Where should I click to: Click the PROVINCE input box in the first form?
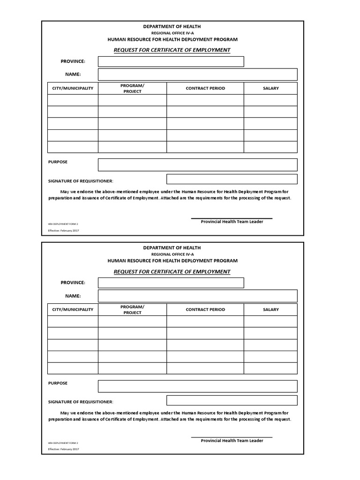click(171, 61)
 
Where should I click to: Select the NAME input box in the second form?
click(197, 296)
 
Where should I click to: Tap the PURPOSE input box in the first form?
click(197, 165)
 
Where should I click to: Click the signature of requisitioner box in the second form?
click(232, 400)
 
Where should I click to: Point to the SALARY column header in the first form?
click(270, 88)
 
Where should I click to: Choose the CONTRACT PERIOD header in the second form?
click(205, 309)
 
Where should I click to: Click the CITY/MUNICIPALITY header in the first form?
click(73, 88)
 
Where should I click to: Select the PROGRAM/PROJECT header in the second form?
click(132, 309)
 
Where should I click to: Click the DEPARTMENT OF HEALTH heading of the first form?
click(172, 27)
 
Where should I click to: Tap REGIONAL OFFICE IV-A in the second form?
click(172, 254)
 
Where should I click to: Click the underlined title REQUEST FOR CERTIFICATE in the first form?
click(172, 50)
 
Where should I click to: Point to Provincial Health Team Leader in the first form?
click(232, 222)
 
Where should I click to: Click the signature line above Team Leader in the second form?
click(232, 437)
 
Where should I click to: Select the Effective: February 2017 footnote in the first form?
click(63, 231)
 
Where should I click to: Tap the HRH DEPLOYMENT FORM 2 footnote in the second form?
click(63, 442)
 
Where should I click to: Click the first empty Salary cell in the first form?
click(270, 100)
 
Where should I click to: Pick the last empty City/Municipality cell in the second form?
click(73, 368)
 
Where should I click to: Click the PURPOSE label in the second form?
click(58, 383)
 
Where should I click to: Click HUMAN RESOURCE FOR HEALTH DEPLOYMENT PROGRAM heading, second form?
click(172, 261)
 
